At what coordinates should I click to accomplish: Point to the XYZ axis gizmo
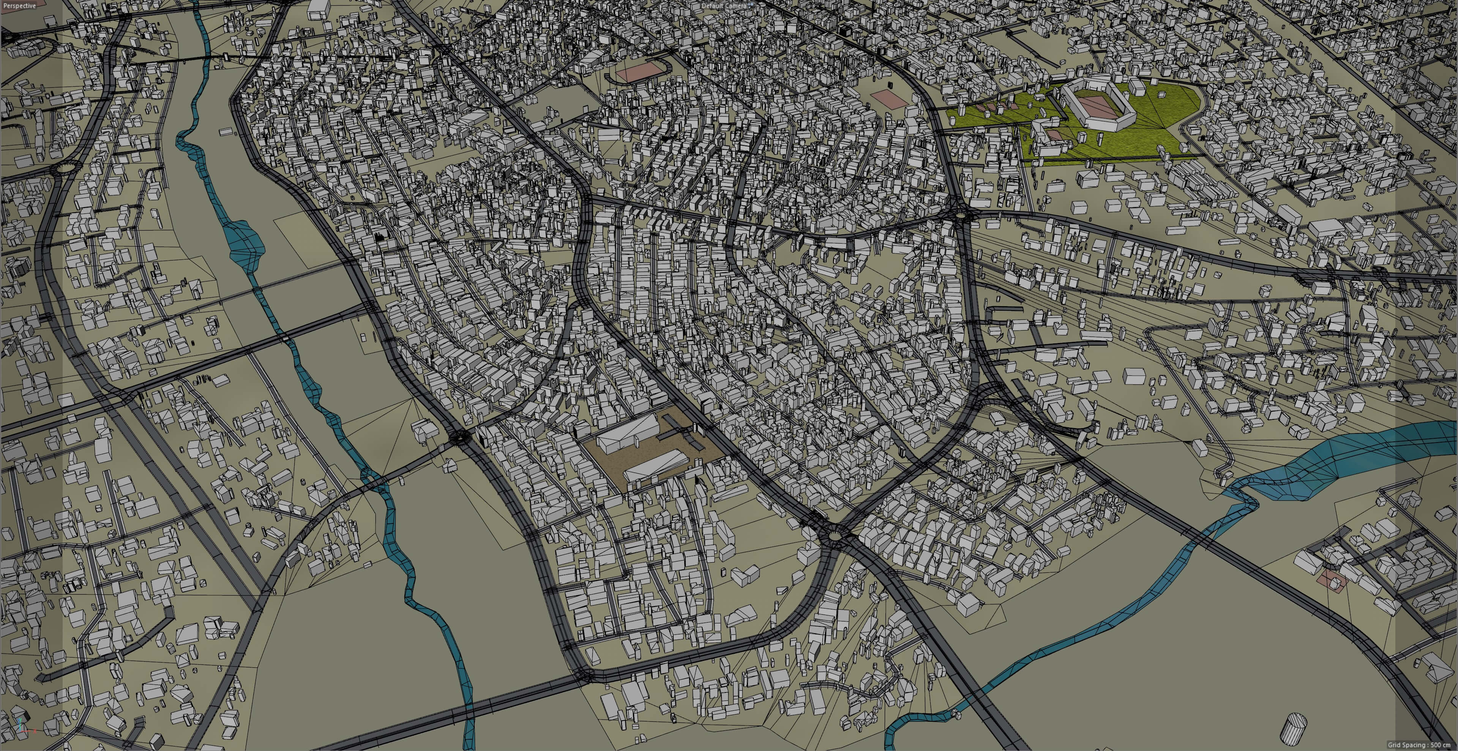(x=22, y=725)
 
